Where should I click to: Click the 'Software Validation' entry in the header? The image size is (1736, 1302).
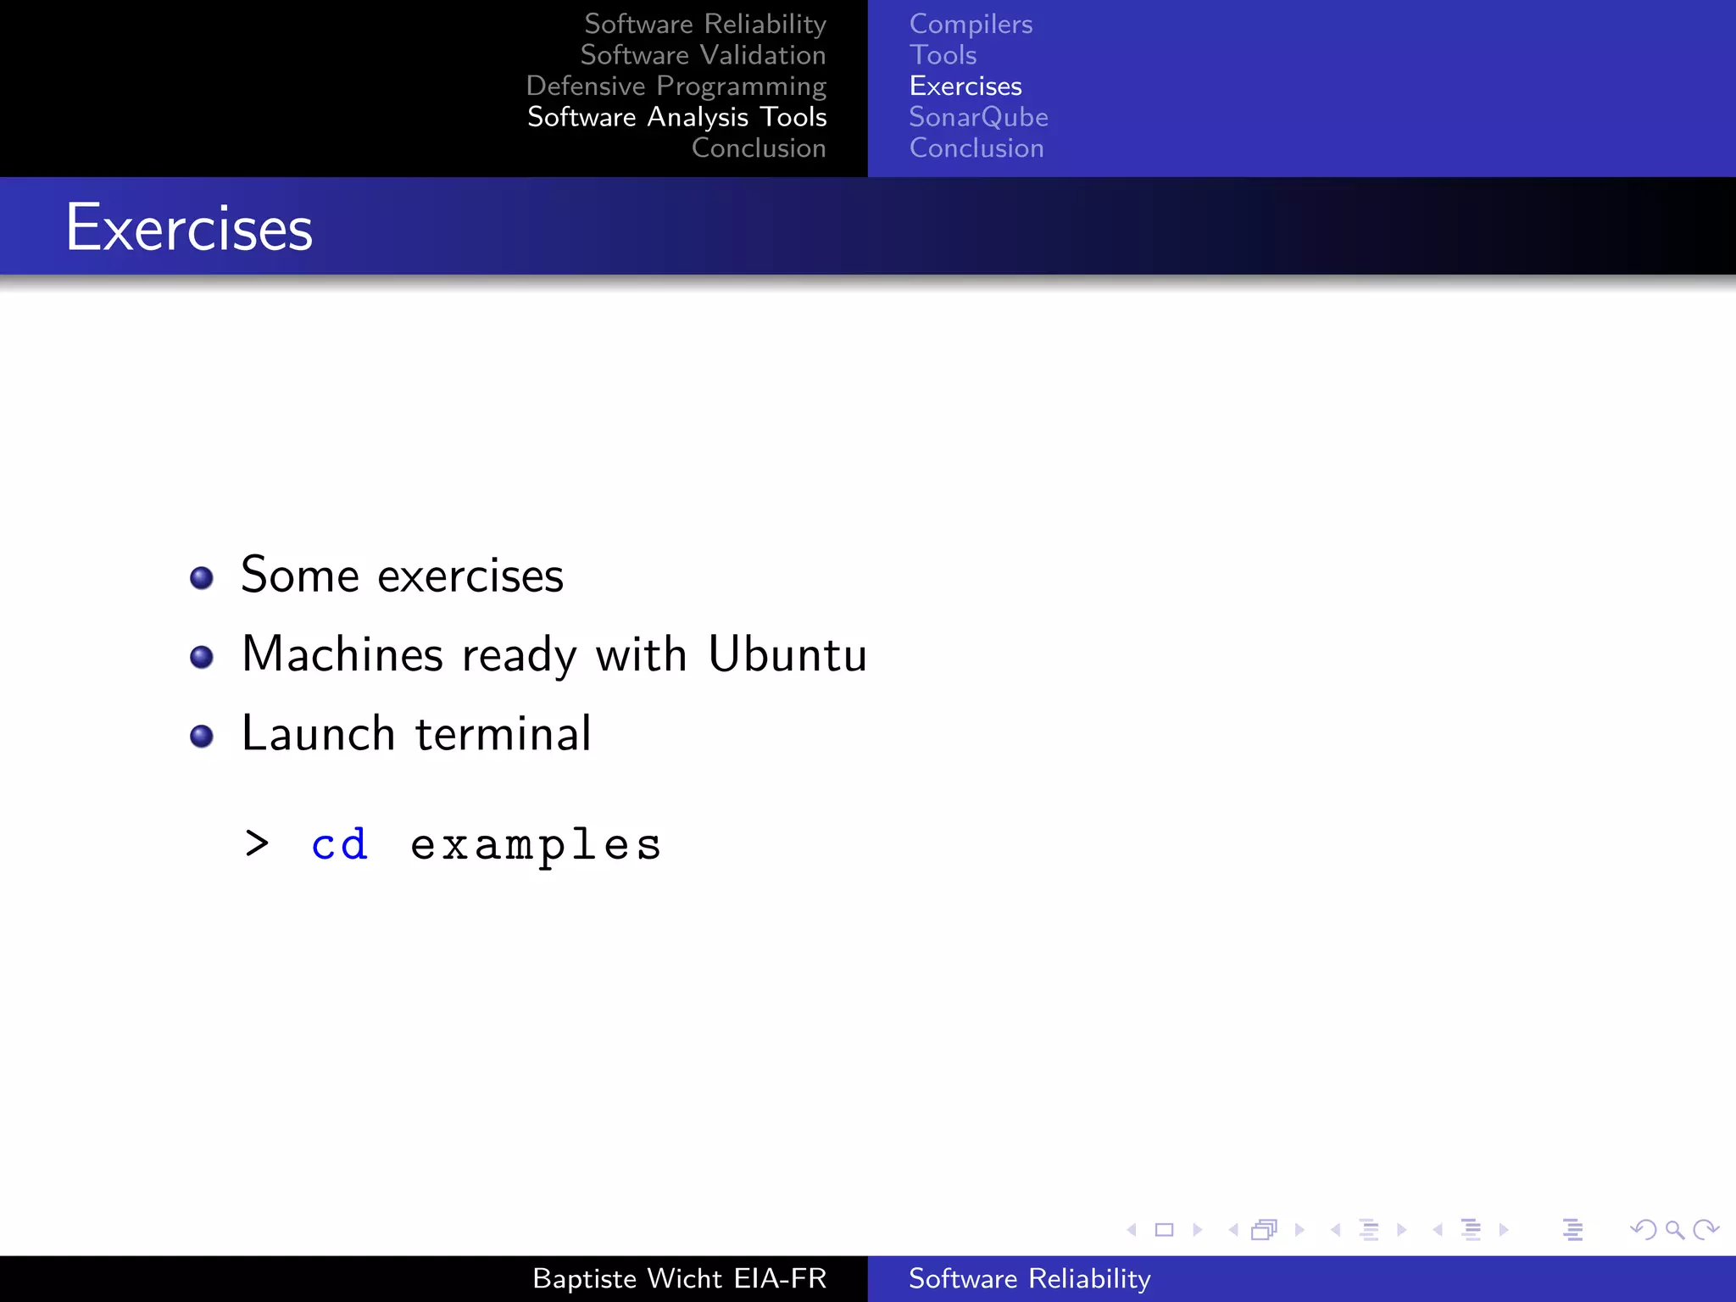[703, 55]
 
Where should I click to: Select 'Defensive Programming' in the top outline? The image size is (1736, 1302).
[676, 86]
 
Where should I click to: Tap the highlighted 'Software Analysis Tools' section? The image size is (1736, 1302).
[676, 117]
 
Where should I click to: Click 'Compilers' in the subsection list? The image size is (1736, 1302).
[971, 25]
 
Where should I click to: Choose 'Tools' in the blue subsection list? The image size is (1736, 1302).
[943, 55]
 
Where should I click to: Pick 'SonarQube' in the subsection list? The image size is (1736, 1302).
[978, 117]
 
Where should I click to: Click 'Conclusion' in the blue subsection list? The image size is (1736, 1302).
[976, 148]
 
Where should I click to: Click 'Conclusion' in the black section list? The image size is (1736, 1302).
[759, 148]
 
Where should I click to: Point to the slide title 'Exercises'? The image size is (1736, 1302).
[190, 228]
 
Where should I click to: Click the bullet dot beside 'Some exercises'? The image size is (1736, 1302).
[202, 578]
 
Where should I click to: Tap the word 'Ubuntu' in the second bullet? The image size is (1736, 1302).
[787, 654]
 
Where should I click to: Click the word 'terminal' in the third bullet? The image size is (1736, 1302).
[504, 734]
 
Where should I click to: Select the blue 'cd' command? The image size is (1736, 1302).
[340, 844]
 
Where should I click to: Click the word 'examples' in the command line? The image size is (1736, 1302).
[536, 845]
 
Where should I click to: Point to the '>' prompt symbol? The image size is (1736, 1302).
[257, 843]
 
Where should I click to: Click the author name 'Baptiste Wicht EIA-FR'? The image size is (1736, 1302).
[679, 1278]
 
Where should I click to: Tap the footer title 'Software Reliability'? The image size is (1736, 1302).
[1029, 1278]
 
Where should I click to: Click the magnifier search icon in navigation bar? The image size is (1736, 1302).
[1674, 1230]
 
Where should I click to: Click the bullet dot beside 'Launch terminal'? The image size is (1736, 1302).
[202, 736]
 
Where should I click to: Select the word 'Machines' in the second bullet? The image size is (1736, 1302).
[342, 654]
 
